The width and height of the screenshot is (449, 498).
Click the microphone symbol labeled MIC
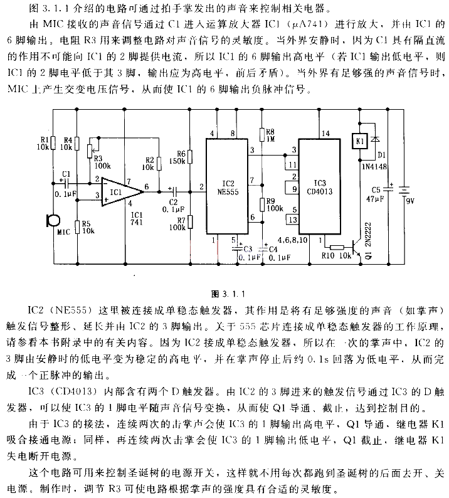point(51,221)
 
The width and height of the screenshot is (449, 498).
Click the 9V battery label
point(411,201)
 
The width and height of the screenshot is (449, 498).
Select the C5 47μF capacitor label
point(376,193)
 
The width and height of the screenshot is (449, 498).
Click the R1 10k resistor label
point(44,143)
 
